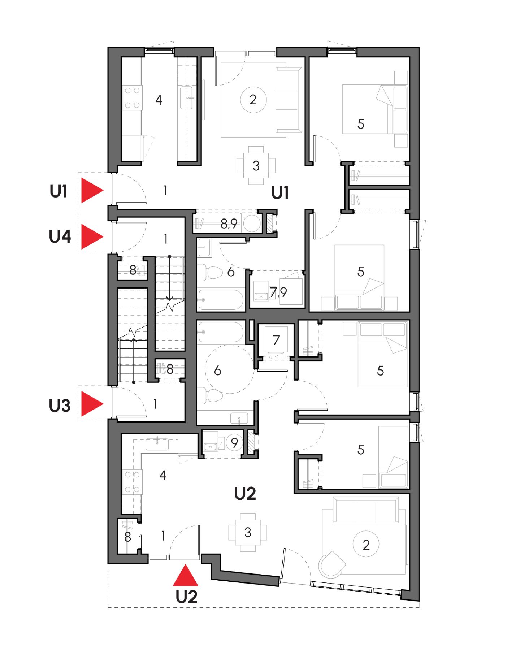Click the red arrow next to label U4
coord(91,237)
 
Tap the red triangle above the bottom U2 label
coord(185,576)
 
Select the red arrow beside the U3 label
coord(91,404)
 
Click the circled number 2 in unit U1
coord(253,100)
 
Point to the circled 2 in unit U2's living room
coord(366,544)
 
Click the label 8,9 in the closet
coord(229,224)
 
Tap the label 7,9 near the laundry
coord(278,292)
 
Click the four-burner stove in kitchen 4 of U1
coord(132,98)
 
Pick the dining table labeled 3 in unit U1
coord(256,166)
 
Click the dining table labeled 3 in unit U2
coord(248,532)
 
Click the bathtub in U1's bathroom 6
coord(220,300)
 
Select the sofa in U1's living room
coord(289,100)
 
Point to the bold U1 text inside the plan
coord(280,194)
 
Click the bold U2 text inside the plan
coord(245,493)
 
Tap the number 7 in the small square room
coord(276,340)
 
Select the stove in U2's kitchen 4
coord(132,482)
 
